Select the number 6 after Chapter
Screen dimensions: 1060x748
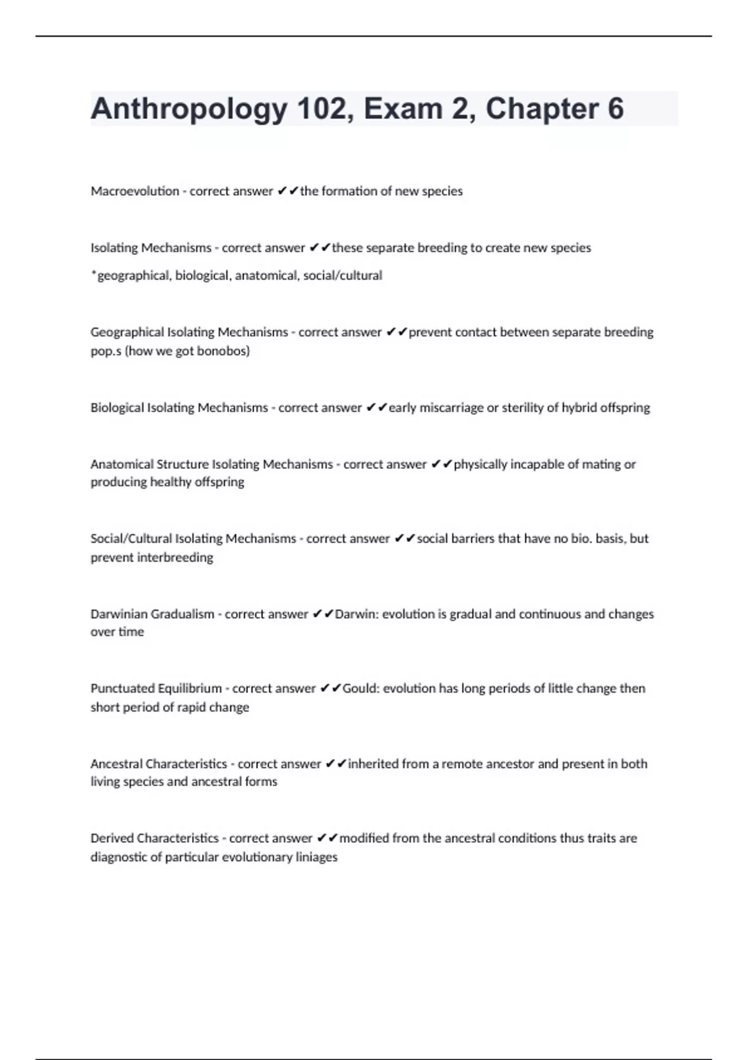click(615, 109)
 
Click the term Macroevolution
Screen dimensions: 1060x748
click(135, 191)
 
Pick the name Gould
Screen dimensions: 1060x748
click(360, 689)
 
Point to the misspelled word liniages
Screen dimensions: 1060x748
click(315, 857)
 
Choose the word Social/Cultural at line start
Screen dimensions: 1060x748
click(130, 539)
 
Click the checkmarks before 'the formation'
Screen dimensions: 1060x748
click(288, 191)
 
